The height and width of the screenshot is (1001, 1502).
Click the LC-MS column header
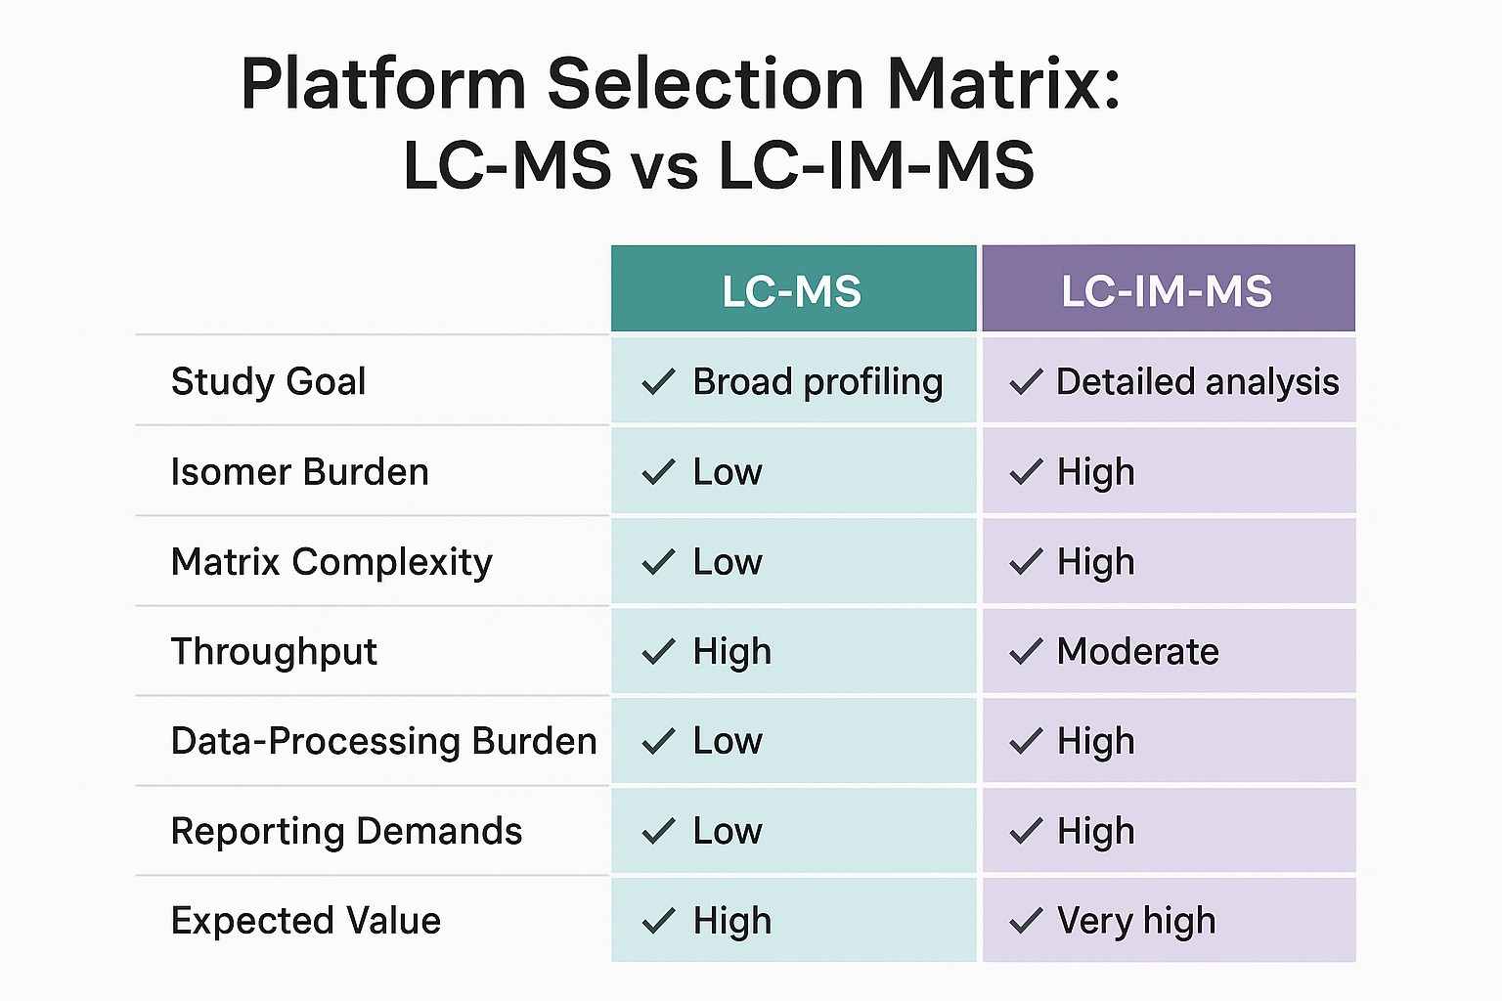click(x=792, y=291)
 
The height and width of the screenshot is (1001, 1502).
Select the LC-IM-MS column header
click(x=1167, y=291)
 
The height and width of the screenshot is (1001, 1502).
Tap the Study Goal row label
click(x=268, y=381)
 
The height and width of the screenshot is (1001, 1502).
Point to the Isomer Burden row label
click(x=299, y=472)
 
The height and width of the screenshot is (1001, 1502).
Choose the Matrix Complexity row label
click(x=331, y=562)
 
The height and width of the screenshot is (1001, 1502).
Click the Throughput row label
click(x=274, y=652)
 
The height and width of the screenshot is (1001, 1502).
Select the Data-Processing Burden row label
click(x=383, y=741)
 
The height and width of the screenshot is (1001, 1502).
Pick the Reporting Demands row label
click(x=346, y=831)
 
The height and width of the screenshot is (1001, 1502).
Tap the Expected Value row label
click(x=305, y=921)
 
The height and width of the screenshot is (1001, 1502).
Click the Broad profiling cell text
click(x=817, y=382)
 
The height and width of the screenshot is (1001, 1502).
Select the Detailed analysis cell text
click(x=1197, y=382)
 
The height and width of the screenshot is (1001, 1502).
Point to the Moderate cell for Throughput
click(x=1137, y=652)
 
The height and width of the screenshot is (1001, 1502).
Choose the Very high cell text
click(x=1136, y=921)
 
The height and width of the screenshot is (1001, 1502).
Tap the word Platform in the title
click(x=383, y=84)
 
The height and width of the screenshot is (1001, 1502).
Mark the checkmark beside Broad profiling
click(x=658, y=382)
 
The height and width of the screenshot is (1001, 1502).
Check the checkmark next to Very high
click(x=1026, y=921)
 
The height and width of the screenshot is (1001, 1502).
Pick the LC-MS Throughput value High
click(x=731, y=652)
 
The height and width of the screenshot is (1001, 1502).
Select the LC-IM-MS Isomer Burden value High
click(x=1095, y=472)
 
